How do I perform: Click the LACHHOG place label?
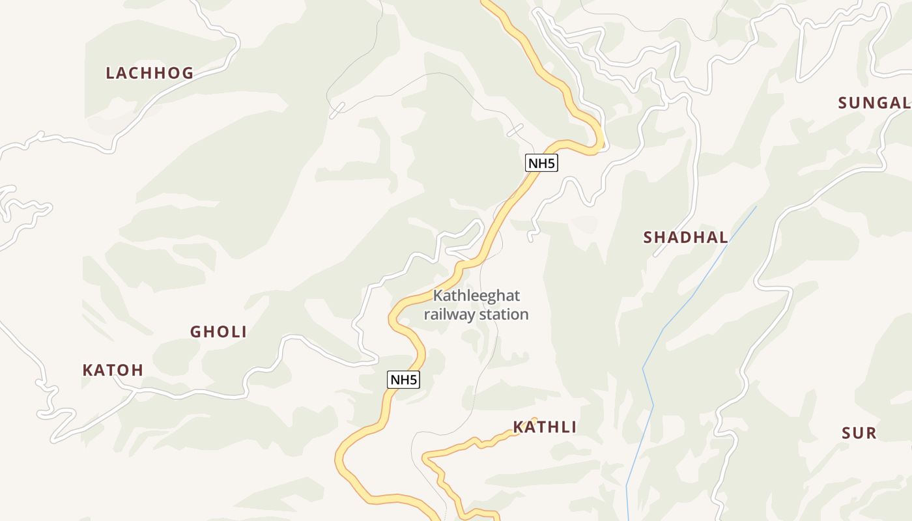tap(150, 73)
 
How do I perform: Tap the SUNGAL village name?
tap(874, 103)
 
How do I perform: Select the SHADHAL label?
tap(685, 238)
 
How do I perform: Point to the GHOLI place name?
tap(218, 332)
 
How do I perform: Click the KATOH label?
tap(113, 371)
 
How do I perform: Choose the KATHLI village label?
tap(545, 427)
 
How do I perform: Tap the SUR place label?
tap(859, 434)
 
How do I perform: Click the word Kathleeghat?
tap(476, 296)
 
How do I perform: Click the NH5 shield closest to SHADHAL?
tap(541, 163)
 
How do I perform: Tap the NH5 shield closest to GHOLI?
tap(403, 380)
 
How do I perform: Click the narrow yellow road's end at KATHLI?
tap(534, 419)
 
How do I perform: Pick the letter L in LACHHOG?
tap(111, 73)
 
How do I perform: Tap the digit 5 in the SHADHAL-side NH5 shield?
tap(551, 163)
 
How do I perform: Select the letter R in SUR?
tap(871, 434)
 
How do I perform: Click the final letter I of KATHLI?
tap(573, 427)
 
